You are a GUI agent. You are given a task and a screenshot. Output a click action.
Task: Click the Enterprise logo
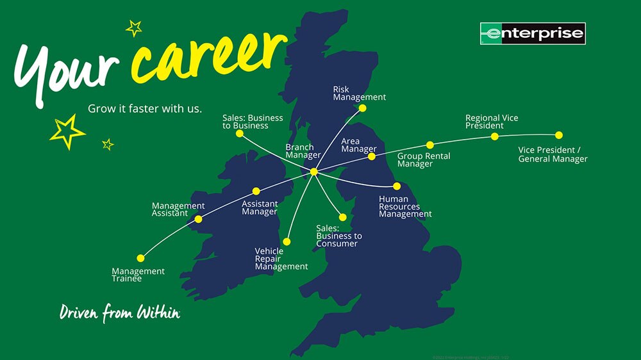tap(533, 33)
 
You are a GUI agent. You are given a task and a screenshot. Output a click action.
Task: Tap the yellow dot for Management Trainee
tap(141, 258)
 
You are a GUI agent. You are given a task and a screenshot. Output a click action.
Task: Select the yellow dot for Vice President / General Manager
tap(559, 135)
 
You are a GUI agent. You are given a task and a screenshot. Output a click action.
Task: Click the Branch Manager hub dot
tap(313, 172)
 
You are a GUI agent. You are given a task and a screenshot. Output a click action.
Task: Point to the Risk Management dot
tap(362, 108)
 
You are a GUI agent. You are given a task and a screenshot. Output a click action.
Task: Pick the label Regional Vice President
tap(492, 122)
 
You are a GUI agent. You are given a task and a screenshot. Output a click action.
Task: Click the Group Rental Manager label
tap(424, 160)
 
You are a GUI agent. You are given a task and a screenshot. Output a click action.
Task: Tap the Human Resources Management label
tap(405, 206)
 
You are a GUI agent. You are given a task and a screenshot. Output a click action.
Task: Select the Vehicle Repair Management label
tap(281, 259)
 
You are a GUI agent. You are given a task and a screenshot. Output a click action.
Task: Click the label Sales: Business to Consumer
tap(339, 236)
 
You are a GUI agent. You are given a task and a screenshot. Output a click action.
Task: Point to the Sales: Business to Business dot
tap(239, 133)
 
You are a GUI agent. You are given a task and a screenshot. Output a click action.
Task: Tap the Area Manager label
tap(359, 145)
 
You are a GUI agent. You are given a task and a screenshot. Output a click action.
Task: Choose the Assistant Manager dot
tap(256, 191)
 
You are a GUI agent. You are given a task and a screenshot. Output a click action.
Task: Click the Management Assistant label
tap(178, 209)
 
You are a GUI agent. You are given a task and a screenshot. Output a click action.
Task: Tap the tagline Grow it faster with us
tap(145, 109)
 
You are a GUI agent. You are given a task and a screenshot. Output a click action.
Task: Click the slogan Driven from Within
tap(119, 313)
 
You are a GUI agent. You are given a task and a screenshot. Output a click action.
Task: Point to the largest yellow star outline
tap(67, 131)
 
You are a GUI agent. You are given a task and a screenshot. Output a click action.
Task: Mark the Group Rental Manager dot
tap(430, 145)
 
